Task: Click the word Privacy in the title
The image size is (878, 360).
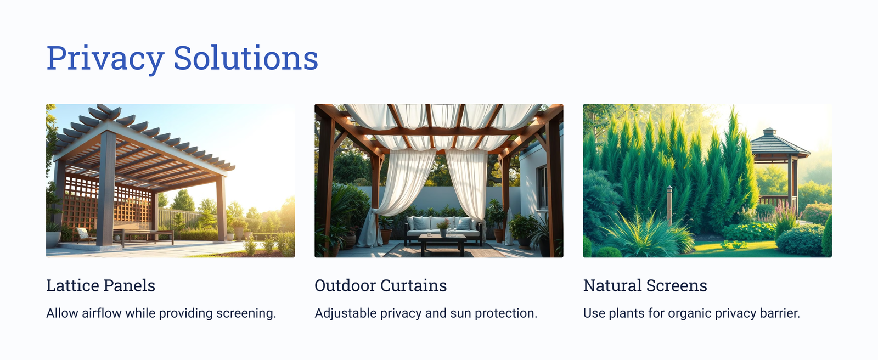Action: [105, 58]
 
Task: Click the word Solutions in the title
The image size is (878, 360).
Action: [246, 58]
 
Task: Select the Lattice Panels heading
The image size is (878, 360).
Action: [101, 285]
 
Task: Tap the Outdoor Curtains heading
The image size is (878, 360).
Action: [381, 285]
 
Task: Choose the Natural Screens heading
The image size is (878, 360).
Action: [645, 285]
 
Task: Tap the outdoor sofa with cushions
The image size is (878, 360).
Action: [443, 229]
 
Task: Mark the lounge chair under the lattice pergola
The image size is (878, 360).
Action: [85, 235]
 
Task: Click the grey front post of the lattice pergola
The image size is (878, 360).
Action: [106, 188]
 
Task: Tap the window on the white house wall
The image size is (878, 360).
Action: [543, 187]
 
